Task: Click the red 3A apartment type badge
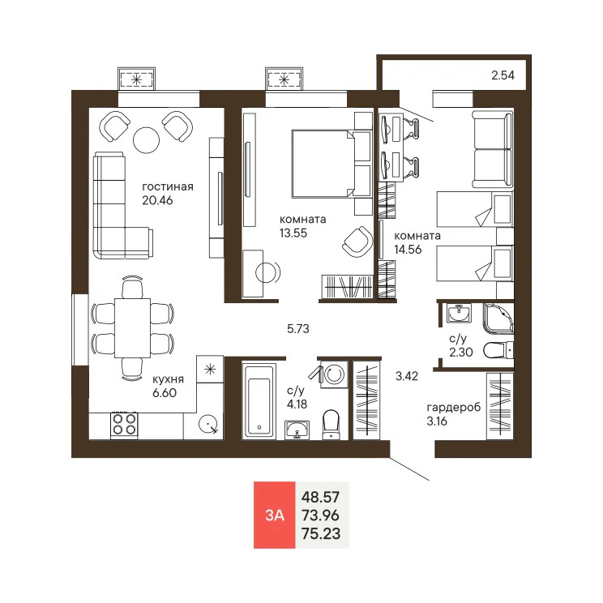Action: [275, 515]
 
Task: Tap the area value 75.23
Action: [320, 532]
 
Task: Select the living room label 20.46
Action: [156, 201]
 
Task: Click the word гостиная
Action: [168, 186]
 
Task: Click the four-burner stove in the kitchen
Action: [123, 424]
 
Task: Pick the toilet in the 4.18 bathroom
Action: [331, 424]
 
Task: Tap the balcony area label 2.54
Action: [503, 77]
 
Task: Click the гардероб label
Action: [454, 407]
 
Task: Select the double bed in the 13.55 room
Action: [323, 163]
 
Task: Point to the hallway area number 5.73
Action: [299, 329]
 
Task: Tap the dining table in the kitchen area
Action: [132, 327]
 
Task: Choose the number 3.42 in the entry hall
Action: [407, 376]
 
